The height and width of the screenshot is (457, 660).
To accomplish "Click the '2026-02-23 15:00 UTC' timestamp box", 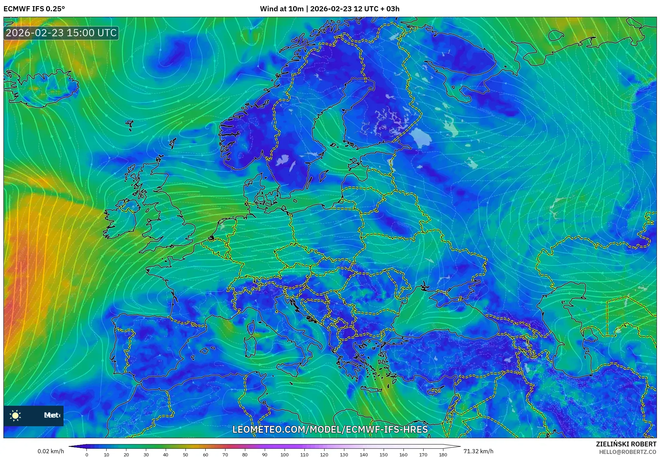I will coord(61,33).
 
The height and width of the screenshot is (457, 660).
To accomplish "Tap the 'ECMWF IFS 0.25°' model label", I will coord(34,9).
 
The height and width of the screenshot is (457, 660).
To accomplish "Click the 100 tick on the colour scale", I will coord(285,454).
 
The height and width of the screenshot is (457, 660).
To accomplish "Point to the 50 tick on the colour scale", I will coord(185,454).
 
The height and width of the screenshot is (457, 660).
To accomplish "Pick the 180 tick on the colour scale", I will coord(443,454).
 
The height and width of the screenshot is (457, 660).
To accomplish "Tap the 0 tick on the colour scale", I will coord(87,454).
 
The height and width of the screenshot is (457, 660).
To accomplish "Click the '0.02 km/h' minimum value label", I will coord(51,451).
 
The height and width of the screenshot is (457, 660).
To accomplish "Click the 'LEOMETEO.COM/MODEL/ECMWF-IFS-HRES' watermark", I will coord(330,429).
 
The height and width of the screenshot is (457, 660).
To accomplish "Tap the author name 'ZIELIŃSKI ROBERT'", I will coord(626,444).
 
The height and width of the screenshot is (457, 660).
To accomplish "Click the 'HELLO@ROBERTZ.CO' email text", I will coord(628,452).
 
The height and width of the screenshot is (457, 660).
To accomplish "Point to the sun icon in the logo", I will coord(15,415).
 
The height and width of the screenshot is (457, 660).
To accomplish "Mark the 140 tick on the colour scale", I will coord(363,454).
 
